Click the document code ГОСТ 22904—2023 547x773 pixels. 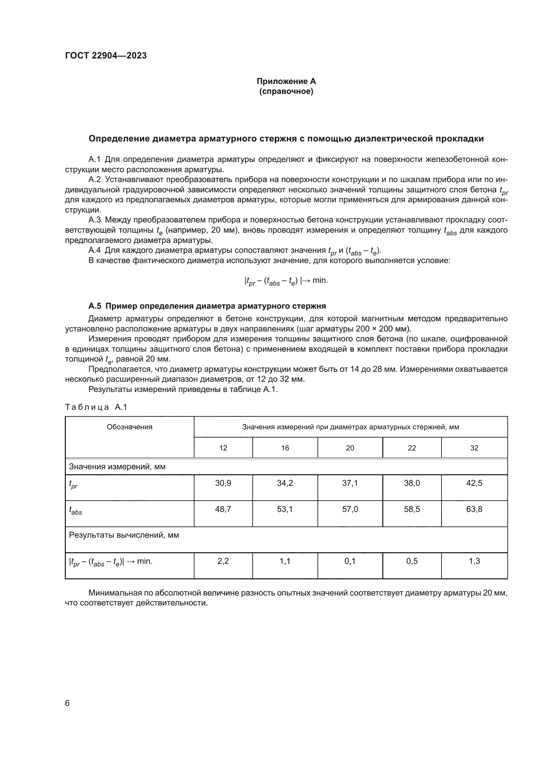[106, 56]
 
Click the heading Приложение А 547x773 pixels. [286, 81]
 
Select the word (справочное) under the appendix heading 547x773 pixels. [286, 92]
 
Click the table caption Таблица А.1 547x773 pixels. [96, 407]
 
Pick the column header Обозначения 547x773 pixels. [129, 427]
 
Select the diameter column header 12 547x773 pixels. [223, 448]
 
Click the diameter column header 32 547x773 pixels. [474, 448]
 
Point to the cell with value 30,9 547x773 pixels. [223, 483]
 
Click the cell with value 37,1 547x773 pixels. [350, 483]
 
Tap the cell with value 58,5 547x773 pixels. [412, 509]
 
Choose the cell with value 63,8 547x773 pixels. [474, 509]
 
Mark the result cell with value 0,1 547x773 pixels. [350, 561]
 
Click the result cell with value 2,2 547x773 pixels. [223, 561]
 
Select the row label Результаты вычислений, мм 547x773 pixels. [124, 535]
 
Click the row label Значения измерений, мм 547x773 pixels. [117, 467]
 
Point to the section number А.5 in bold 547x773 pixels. [95, 306]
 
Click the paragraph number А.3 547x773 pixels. [94, 220]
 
